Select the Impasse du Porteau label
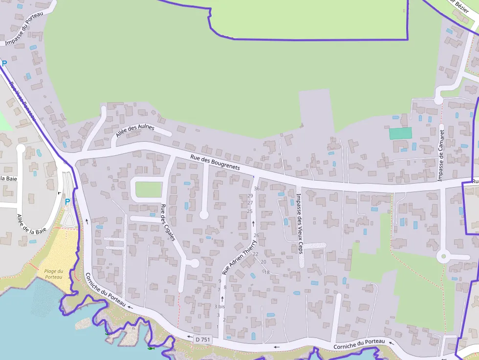(x=24, y=28)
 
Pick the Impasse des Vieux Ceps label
(x=299, y=223)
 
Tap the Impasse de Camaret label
(x=441, y=155)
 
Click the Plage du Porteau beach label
(x=54, y=274)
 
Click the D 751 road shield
(x=202, y=339)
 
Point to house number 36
(x=257, y=189)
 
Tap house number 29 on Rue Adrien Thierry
(x=250, y=196)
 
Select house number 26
(x=256, y=235)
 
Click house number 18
(x=267, y=273)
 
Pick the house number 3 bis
(x=219, y=307)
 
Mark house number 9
(x=220, y=281)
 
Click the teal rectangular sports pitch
(x=400, y=133)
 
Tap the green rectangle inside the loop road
(x=149, y=189)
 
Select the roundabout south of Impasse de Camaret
(x=443, y=255)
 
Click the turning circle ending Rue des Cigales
(x=194, y=263)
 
